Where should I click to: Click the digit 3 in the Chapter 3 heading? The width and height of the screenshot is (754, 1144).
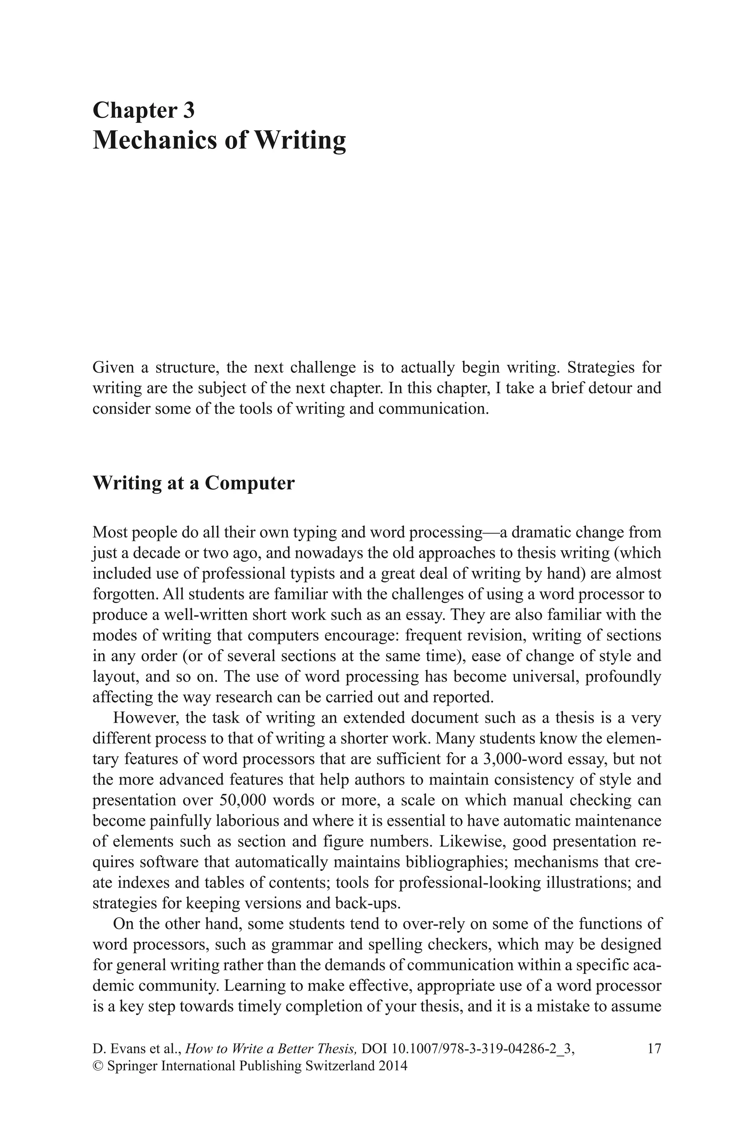(x=188, y=110)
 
